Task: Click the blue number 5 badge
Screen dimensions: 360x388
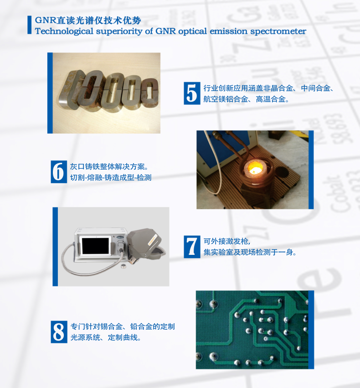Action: click(x=192, y=93)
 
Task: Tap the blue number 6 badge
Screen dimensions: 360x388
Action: click(x=59, y=172)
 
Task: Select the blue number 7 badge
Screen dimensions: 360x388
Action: click(x=192, y=247)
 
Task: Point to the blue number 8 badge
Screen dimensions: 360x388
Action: click(x=59, y=332)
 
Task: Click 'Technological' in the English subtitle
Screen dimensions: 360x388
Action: click(x=64, y=31)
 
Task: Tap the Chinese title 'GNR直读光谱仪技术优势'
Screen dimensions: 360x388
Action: click(x=88, y=21)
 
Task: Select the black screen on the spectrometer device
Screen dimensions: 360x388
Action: click(x=97, y=246)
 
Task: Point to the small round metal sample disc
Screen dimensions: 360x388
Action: click(x=123, y=266)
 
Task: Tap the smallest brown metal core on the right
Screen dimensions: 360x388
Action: click(x=149, y=93)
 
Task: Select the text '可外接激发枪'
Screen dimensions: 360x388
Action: click(x=226, y=241)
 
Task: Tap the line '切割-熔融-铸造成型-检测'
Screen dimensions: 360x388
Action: click(x=111, y=178)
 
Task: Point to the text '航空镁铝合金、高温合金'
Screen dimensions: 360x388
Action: click(x=244, y=99)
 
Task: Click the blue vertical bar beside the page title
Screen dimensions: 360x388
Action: click(x=30, y=25)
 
